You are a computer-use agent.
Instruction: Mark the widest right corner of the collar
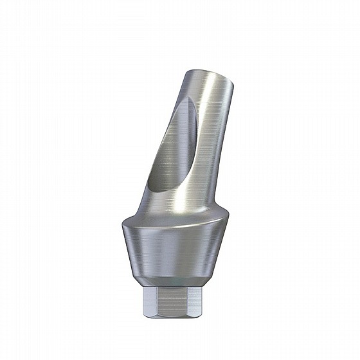[231, 226]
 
